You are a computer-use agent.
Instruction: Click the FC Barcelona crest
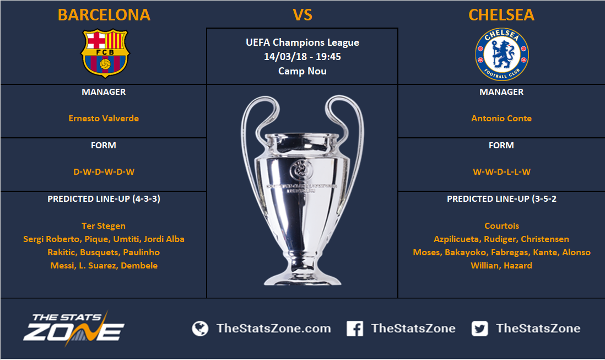point(105,53)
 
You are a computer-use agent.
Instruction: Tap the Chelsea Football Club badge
point(501,54)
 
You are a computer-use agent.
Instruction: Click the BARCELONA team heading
point(104,15)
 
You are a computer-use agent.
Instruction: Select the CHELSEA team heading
point(501,15)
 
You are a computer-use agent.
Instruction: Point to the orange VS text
point(302,15)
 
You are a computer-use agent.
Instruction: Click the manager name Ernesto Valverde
point(104,119)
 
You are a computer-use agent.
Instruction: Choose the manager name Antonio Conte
point(501,119)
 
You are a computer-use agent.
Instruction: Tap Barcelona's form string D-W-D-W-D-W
point(104,172)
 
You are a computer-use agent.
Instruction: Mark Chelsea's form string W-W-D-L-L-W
point(501,172)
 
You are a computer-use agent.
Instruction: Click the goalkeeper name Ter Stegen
point(104,226)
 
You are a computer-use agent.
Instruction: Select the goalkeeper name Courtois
point(501,225)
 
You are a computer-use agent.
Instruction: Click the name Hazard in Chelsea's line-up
point(517,266)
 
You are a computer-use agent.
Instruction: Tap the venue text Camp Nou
point(302,71)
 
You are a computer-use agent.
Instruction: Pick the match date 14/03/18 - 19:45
point(302,57)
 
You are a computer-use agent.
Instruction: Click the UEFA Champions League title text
point(302,42)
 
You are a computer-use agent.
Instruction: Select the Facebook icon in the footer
point(355,329)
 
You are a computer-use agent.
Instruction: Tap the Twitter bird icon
point(479,329)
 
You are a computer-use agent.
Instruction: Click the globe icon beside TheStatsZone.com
point(200,329)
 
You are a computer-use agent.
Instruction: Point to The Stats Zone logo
point(74,327)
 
